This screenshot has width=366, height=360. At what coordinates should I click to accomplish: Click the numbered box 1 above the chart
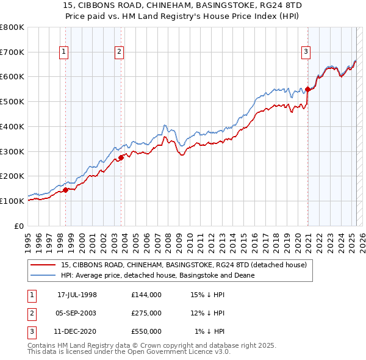pos(63,52)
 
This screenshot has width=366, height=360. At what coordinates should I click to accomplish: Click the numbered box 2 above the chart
pos(119,52)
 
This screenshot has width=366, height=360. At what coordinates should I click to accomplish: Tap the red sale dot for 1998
pos(65,189)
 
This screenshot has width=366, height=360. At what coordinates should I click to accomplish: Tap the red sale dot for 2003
pos(121,157)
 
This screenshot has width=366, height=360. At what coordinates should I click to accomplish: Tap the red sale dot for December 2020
pos(308,89)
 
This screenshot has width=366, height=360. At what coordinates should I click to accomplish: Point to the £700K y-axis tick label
pos(12,52)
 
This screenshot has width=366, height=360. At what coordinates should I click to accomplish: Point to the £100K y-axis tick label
pos(12,201)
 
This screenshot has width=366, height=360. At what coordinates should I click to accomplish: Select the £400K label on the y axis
pos(12,126)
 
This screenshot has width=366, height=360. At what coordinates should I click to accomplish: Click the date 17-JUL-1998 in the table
pos(77,295)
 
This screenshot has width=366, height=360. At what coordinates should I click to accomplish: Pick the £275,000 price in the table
pos(146,313)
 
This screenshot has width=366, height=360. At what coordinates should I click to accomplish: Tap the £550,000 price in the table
pos(146,331)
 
